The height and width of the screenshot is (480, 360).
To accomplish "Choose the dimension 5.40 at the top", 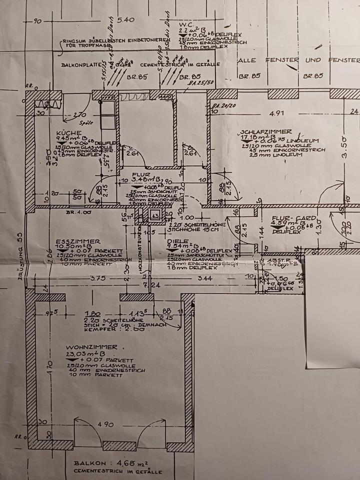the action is click(126, 20).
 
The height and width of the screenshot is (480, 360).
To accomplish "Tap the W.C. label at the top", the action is click(187, 23).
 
